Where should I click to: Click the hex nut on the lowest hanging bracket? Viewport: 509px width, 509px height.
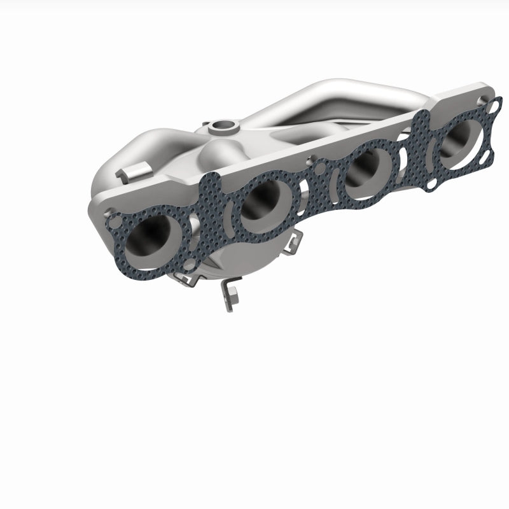click(x=228, y=295)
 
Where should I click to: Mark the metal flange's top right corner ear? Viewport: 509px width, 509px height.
click(x=487, y=92)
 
